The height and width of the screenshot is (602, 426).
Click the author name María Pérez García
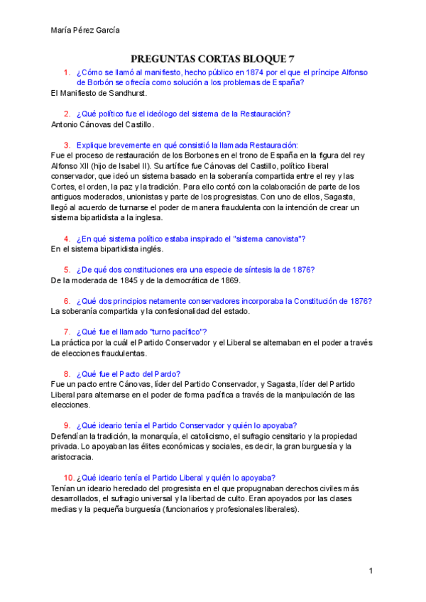pos(86,30)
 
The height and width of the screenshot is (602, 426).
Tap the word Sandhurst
pos(128,93)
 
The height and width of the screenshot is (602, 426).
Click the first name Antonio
pos(67,124)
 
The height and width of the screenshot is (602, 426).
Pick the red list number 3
pos(67,144)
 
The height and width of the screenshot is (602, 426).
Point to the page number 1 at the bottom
pos(371,571)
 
